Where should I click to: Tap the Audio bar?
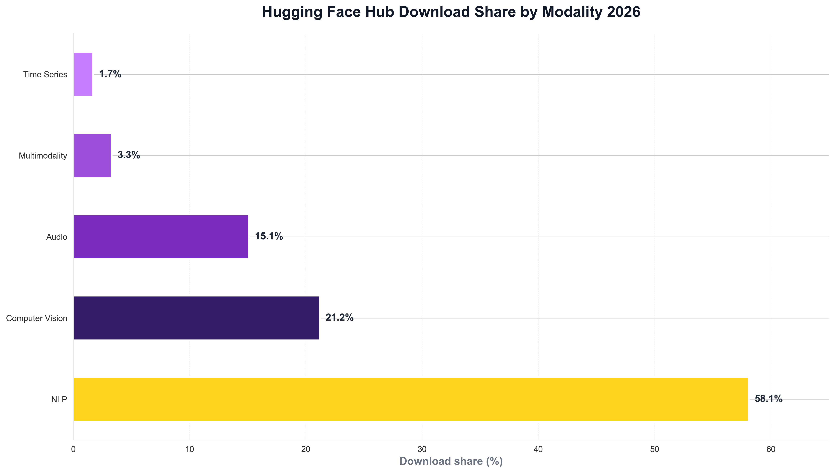[161, 237]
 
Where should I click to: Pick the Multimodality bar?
[92, 155]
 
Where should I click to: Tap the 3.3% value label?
[129, 155]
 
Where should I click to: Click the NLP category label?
[59, 400]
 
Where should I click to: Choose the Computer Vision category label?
[37, 318]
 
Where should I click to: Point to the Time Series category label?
[45, 75]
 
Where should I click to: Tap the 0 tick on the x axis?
[74, 449]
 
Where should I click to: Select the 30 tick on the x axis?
[422, 449]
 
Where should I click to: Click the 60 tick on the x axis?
[771, 449]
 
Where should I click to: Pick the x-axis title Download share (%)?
[451, 461]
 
